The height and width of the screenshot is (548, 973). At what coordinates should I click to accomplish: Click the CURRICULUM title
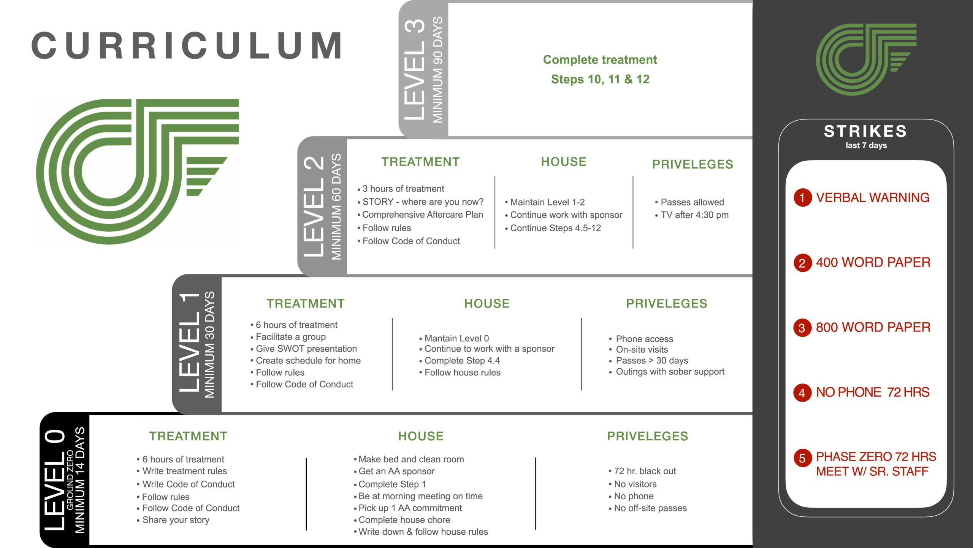(x=186, y=46)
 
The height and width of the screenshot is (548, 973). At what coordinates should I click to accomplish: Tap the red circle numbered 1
(x=802, y=198)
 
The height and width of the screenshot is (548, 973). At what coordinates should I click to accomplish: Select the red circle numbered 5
(x=802, y=458)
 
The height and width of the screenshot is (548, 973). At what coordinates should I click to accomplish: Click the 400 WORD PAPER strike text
(x=873, y=262)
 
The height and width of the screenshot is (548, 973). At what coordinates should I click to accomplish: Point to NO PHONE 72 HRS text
(x=873, y=392)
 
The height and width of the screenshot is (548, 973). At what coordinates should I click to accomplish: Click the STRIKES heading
(x=865, y=131)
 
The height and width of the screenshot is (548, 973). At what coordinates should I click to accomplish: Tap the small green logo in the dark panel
(x=866, y=59)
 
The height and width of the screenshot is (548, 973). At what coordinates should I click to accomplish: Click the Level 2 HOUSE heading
(x=564, y=162)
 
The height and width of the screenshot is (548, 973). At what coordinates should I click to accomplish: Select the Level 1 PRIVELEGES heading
(x=667, y=303)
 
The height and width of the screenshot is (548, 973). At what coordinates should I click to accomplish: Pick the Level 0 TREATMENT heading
(x=189, y=436)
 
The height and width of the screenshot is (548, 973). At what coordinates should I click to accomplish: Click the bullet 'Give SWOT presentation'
(x=304, y=349)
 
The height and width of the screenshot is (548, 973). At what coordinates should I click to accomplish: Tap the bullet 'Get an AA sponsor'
(x=394, y=471)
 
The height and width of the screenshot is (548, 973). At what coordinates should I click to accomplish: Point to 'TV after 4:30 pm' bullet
(x=692, y=215)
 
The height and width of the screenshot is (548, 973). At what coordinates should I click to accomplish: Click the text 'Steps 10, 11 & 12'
(x=600, y=79)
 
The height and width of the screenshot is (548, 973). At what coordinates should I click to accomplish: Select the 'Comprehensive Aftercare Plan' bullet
(x=420, y=215)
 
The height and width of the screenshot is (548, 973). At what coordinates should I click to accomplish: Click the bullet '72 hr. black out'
(x=642, y=471)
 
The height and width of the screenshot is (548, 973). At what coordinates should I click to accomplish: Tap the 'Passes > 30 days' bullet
(x=648, y=360)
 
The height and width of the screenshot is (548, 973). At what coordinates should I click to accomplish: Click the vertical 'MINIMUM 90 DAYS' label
(x=438, y=70)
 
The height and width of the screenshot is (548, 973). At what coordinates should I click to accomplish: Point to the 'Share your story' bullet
(x=173, y=520)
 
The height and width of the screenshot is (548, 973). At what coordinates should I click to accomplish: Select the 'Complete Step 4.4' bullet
(x=460, y=360)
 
